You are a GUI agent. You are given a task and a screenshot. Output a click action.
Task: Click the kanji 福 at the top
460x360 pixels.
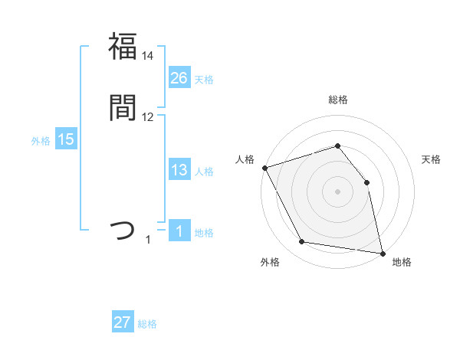point(123,46)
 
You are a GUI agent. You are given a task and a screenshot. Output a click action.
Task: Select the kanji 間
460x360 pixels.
point(123,107)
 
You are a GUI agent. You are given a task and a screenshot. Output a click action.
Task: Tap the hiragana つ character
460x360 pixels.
point(123,229)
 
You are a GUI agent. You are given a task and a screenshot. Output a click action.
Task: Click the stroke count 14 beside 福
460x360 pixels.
point(148,56)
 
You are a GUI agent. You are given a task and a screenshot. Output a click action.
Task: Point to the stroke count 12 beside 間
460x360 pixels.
point(148,117)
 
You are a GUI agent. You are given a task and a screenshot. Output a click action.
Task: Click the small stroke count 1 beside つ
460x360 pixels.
point(149,241)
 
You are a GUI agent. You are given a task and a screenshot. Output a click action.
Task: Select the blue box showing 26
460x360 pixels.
point(179,77)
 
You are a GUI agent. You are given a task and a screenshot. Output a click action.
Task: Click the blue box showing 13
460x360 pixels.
point(179,171)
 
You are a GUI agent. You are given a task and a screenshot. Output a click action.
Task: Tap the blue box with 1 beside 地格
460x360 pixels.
point(179,232)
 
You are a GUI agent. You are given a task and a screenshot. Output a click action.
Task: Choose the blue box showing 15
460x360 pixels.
point(66,139)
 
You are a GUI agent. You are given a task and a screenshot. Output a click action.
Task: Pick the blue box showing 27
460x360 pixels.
point(123,322)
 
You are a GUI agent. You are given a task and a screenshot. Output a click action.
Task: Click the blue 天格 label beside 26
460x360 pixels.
point(204,79)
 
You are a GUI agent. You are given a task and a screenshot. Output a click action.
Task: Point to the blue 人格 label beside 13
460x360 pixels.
point(204,172)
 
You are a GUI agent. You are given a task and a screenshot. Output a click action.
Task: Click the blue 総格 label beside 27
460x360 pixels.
point(147,324)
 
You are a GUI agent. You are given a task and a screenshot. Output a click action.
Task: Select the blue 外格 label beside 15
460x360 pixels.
point(41,141)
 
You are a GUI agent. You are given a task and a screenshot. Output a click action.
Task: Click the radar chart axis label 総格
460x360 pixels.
point(338,100)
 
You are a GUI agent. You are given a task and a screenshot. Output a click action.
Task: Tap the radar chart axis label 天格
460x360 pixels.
point(432,159)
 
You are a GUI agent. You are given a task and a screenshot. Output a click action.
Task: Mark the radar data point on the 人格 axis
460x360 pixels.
point(264,168)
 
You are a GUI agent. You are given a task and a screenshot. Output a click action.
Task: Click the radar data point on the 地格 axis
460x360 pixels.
point(383,253)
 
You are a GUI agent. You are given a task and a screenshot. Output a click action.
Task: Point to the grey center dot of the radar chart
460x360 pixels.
point(338,191)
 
